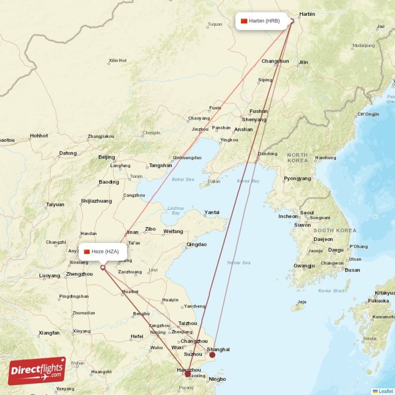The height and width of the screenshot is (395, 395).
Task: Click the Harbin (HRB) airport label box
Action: [260, 21]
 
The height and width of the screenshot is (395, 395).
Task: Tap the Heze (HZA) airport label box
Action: [103, 251]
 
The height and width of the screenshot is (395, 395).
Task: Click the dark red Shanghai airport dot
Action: [212, 355]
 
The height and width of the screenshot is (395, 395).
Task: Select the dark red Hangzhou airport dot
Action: [188, 374]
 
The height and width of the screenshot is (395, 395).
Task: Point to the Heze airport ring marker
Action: [103, 268]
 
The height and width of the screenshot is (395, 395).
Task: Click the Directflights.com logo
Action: [37, 371]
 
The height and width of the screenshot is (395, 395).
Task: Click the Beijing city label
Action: [107, 157]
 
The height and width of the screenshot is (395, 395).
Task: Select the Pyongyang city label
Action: [297, 178]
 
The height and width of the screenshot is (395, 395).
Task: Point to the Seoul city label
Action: [307, 213]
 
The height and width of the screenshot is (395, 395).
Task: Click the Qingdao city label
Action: [197, 244]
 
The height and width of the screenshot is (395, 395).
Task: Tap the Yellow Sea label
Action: [238, 263]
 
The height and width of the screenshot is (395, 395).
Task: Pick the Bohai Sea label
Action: [183, 179]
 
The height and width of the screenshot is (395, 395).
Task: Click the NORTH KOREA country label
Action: [298, 158]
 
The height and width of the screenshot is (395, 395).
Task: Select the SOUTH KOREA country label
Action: [335, 231]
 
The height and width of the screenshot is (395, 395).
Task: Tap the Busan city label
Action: [353, 270]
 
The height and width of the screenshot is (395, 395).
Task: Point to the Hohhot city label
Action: [39, 136]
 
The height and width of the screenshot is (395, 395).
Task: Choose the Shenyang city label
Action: [254, 119]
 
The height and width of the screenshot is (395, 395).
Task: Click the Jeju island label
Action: [302, 302]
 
